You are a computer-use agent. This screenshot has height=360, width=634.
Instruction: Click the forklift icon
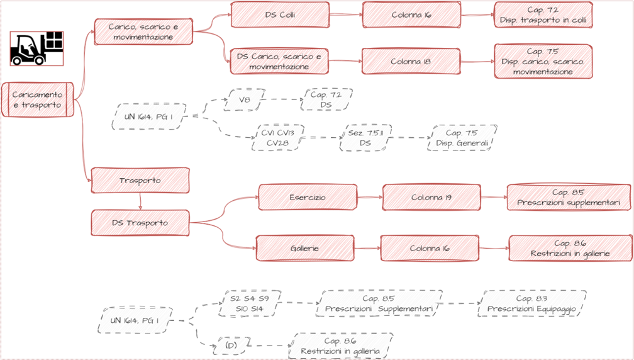36,48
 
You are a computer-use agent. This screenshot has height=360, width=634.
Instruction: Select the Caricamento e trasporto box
37,99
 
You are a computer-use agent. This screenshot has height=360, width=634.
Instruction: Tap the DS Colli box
279,15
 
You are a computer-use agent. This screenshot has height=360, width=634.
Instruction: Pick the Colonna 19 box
431,198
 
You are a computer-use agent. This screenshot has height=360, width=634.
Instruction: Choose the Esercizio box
308,198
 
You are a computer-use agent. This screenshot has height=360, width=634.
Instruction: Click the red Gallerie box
305,248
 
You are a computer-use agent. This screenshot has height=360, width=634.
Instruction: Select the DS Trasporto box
140,223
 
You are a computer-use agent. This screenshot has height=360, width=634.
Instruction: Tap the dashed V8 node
244,99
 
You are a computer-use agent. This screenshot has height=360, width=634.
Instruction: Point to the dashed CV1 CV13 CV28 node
278,138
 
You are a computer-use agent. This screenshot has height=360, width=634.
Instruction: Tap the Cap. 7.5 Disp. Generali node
462,138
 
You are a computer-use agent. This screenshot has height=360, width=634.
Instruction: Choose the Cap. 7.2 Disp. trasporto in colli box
543,15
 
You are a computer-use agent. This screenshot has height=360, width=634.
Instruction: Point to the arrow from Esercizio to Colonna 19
370,198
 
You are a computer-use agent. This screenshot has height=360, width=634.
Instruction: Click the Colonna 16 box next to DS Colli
411,15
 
